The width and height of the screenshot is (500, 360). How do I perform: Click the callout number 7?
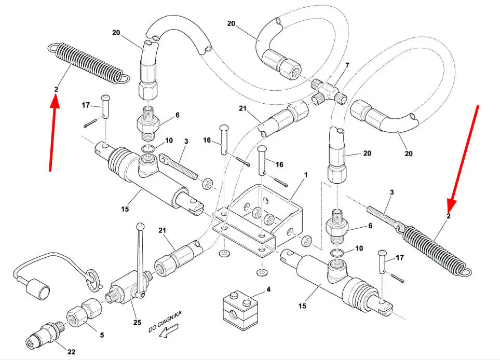coord(347,65)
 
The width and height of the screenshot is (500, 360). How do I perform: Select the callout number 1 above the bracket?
coord(306,175)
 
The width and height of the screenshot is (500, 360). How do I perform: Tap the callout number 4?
coord(268,289)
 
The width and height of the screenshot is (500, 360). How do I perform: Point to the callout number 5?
coord(102,335)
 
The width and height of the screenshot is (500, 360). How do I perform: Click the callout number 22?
coord(71,351)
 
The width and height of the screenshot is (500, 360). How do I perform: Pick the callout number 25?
coord(137,323)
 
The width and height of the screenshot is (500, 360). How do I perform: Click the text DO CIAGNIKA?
coord(165,322)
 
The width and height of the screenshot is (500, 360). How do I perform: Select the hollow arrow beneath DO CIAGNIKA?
coord(169,330)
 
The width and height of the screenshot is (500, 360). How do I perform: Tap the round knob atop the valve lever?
coord(140,227)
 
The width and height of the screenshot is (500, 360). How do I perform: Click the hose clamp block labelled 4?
coord(240,307)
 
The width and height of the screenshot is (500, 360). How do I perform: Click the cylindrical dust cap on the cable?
coord(37,288)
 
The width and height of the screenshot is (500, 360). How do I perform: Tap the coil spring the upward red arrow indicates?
coord(88,64)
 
